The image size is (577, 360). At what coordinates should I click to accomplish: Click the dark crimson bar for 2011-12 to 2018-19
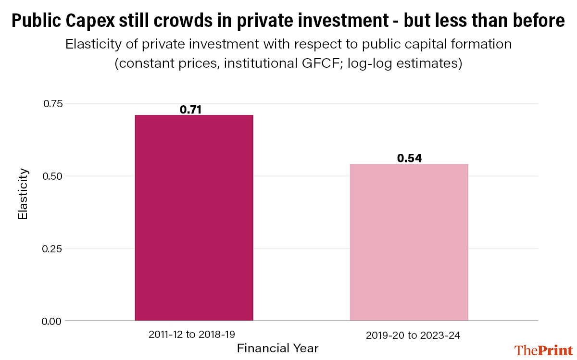[194, 218]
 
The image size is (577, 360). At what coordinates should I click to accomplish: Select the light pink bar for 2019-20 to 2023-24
[409, 242]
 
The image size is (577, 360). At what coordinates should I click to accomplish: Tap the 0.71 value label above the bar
[190, 110]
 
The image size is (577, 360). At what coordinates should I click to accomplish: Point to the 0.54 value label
[409, 158]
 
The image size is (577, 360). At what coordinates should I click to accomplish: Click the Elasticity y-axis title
[22, 194]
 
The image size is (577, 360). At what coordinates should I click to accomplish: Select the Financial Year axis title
[278, 348]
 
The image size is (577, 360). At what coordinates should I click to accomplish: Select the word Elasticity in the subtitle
[94, 45]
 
